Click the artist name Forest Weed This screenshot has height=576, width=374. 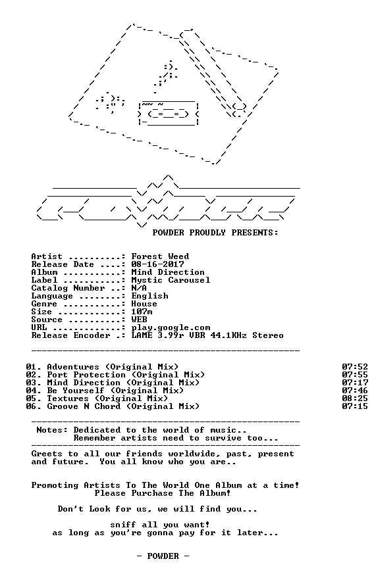(x=161, y=256)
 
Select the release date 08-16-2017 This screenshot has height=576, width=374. (x=158, y=264)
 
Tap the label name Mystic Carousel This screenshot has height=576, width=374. (x=171, y=280)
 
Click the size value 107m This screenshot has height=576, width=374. (x=142, y=312)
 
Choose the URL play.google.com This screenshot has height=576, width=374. (x=171, y=327)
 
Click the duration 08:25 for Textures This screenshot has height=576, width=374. (x=355, y=398)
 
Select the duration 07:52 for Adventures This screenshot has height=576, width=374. (x=355, y=367)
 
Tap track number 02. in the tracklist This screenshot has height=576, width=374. (x=34, y=375)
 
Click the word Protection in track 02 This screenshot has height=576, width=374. (x=99, y=375)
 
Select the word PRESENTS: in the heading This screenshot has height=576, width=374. (x=255, y=233)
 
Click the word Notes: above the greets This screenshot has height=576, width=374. (x=52, y=430)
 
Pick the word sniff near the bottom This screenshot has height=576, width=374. (x=123, y=525)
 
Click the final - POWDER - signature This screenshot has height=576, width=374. (x=163, y=556)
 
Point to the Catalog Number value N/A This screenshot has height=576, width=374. (x=139, y=288)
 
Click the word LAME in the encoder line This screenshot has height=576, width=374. (x=142, y=335)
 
